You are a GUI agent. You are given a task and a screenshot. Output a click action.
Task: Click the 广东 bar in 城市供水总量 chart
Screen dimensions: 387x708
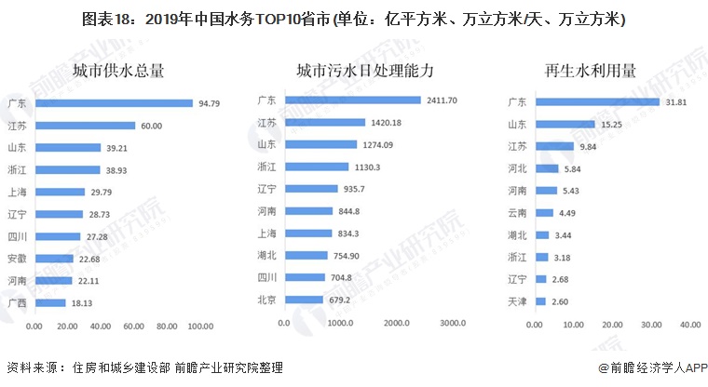tap(113, 103)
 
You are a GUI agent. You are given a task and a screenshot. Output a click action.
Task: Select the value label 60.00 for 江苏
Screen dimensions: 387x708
tap(151, 126)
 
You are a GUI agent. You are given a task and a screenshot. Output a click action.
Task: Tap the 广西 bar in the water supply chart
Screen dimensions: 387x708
tap(49, 302)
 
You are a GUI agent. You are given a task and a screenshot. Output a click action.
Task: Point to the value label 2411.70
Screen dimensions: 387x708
tap(441, 100)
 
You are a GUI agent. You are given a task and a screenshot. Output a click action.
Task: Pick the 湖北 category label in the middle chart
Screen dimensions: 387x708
tap(266, 255)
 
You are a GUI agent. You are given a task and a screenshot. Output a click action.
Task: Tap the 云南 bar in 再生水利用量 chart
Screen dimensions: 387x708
tap(547, 212)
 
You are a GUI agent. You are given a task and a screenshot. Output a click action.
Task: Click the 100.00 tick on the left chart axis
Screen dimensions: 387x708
tap(200, 327)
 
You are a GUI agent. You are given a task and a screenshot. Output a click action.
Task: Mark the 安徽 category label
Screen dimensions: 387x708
tap(16, 259)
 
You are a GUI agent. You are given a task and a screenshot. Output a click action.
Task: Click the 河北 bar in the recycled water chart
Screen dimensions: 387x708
tap(549, 168)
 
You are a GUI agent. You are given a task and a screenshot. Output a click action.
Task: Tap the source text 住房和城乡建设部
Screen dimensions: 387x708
tap(111, 368)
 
